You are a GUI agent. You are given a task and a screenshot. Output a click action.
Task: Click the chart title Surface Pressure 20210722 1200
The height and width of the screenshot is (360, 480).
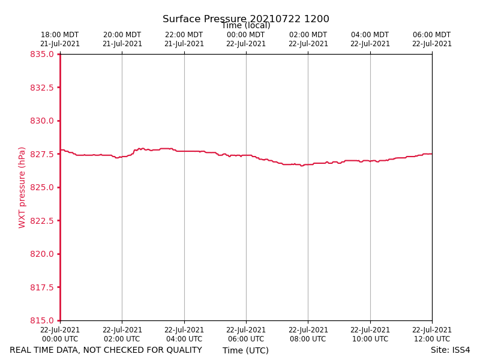tap(246, 19)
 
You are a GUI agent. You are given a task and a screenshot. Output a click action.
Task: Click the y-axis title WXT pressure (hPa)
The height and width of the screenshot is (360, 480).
tap(22, 187)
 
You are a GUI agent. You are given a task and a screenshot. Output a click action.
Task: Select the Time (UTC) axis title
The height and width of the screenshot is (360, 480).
tap(245, 350)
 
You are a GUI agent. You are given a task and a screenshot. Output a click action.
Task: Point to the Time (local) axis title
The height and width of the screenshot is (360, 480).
tap(245, 25)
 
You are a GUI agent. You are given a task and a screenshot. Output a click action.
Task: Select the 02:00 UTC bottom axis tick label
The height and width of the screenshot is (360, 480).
tap(122, 335)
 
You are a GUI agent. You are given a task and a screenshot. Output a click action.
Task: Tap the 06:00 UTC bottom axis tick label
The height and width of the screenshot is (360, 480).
tap(246, 335)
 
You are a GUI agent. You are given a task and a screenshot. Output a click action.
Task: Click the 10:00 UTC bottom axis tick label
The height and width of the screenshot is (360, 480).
tap(370, 335)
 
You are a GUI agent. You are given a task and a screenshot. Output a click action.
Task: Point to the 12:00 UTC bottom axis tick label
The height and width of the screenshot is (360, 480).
tap(432, 335)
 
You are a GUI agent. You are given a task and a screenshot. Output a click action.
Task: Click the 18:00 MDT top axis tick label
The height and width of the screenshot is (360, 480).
tap(60, 40)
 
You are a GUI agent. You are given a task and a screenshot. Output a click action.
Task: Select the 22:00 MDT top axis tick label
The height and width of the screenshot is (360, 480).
tap(184, 40)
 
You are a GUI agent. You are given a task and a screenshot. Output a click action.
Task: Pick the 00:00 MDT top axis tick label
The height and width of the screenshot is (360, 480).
tap(246, 40)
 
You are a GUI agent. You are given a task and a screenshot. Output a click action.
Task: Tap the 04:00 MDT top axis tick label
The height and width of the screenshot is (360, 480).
tap(370, 40)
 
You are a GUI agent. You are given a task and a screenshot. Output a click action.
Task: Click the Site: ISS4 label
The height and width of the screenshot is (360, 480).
tap(450, 350)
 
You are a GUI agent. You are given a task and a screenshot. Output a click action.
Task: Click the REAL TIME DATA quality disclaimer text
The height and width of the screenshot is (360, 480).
tap(106, 350)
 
